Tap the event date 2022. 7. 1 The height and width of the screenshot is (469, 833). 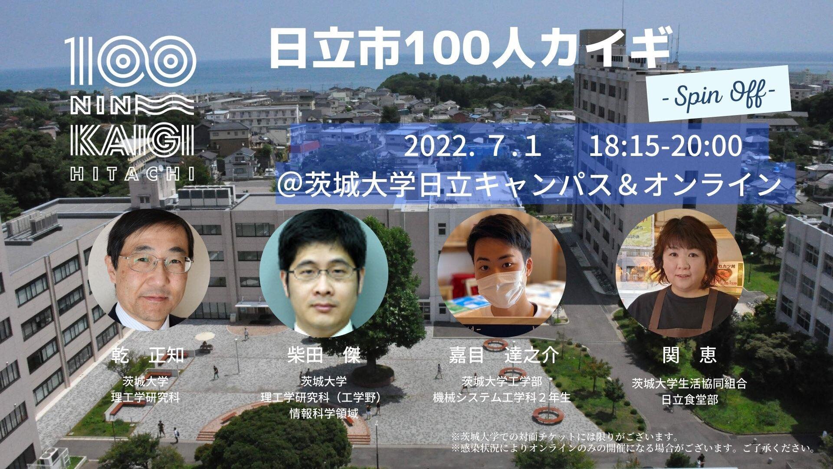point(472,146)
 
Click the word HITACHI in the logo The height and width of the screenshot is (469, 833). point(132,175)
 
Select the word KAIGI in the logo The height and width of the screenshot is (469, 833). point(132,139)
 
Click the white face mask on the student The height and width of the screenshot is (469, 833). point(501,287)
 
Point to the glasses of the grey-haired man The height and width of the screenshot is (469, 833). point(154,263)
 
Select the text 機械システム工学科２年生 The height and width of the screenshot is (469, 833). point(502,397)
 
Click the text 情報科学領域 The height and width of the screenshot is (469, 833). point(324,413)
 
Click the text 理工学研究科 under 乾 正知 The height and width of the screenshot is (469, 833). point(145,397)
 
